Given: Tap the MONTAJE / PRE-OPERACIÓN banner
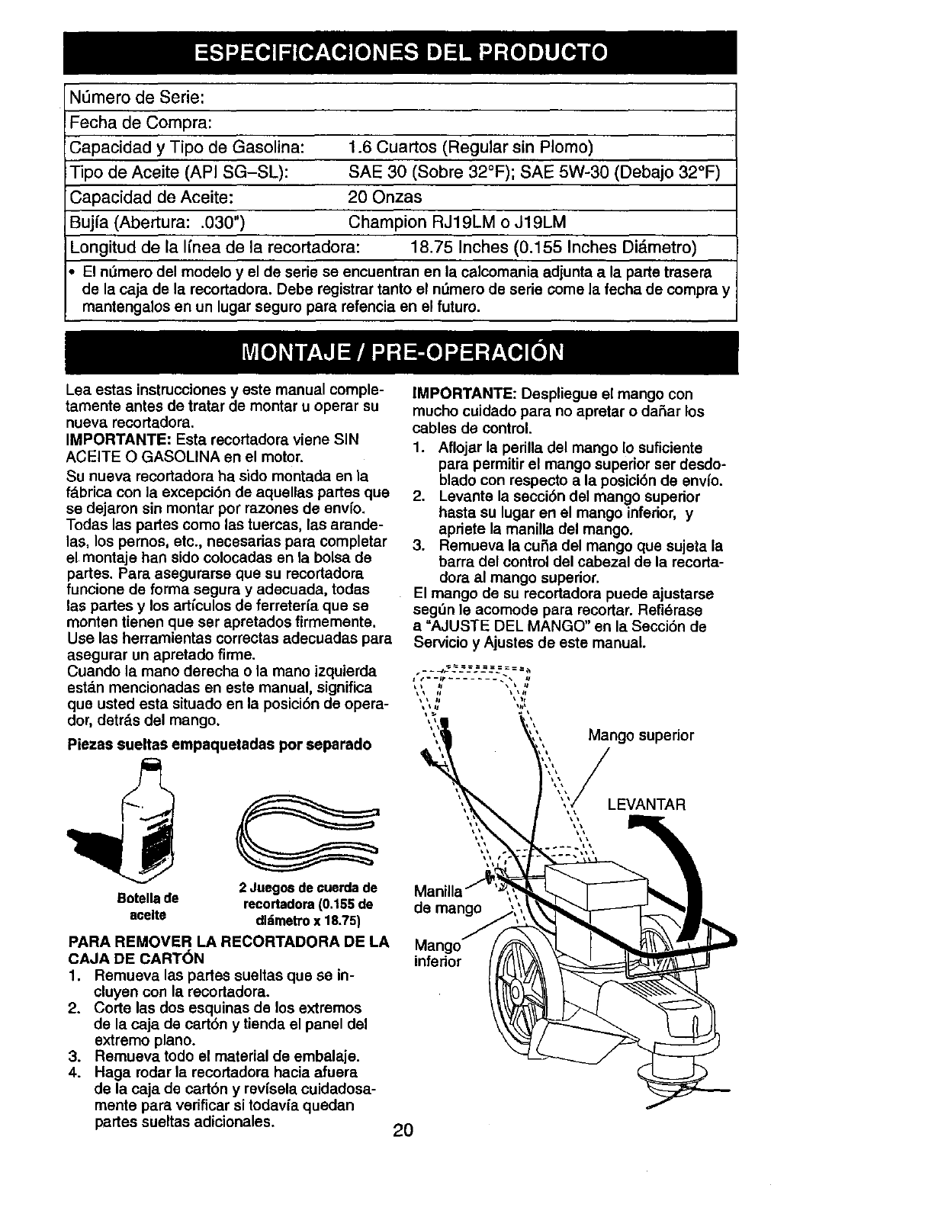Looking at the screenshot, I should click(x=402, y=353).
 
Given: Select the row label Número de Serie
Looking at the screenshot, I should click(x=136, y=98).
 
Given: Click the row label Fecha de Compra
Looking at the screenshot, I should click(x=140, y=122).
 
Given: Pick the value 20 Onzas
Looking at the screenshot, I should click(x=384, y=197).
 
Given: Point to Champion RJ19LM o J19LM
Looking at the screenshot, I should click(x=457, y=222).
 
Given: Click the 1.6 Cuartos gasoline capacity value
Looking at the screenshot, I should click(x=470, y=146).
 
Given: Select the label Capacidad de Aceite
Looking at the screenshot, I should click(x=150, y=197).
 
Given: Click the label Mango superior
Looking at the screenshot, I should click(x=641, y=735).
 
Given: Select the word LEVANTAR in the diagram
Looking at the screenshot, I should click(x=647, y=805).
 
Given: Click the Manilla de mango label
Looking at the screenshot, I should click(x=447, y=900).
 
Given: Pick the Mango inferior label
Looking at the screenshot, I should click(x=437, y=953).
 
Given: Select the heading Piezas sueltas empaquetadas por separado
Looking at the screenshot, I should click(x=219, y=743).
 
